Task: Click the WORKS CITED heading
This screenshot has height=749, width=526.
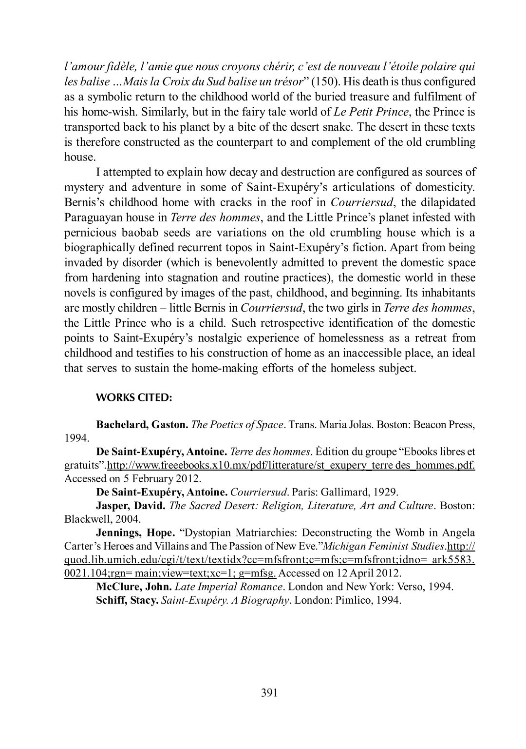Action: coord(134,397)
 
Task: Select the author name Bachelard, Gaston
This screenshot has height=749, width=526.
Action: coord(142,425)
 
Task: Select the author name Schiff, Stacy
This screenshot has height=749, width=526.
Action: coord(127,600)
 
